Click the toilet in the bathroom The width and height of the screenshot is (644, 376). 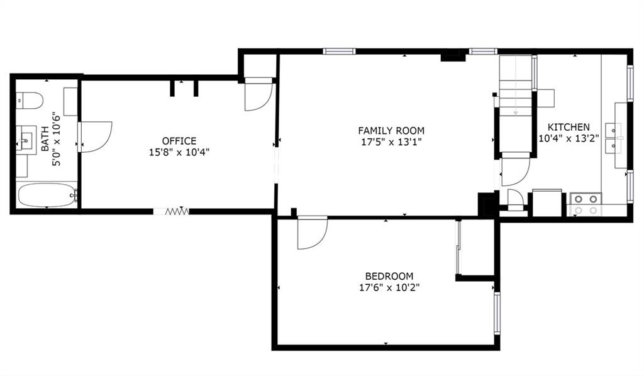pos(30,100)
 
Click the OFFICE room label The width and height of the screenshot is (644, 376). pos(179,141)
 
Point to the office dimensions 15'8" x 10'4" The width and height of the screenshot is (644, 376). pos(179,152)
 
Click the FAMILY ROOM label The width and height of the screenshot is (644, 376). pos(391,131)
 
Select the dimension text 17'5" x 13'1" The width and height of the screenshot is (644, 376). pos(391,142)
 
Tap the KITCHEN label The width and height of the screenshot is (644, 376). pos(569,127)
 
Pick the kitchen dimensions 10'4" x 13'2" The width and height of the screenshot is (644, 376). pos(569,138)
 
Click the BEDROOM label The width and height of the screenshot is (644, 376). pos(389,276)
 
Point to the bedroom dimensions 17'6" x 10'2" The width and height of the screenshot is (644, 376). pos(389,287)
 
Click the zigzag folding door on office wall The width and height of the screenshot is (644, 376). pos(177,211)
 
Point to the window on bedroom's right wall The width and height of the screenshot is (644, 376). pos(497,314)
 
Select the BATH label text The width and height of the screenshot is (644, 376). pos(45,139)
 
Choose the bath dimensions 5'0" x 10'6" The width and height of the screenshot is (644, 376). pos(56,139)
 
